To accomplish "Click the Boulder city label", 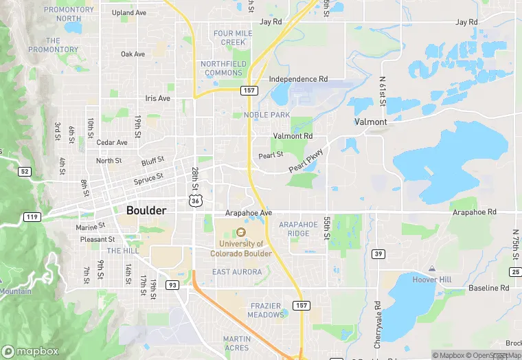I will (146, 210).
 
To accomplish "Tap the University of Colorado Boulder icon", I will (241, 232).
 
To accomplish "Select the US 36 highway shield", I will (196, 199).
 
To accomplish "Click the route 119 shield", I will (32, 216).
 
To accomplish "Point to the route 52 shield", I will (25, 171).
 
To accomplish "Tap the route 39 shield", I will (378, 254).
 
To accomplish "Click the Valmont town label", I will (371, 122).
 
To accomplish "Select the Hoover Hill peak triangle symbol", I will (431, 268).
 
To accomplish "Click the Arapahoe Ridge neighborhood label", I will (299, 229).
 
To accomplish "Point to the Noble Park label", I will (266, 115).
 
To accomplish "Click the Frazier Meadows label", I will (266, 309).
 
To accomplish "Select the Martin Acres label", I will (236, 343).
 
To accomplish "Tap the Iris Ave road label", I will (157, 98).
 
